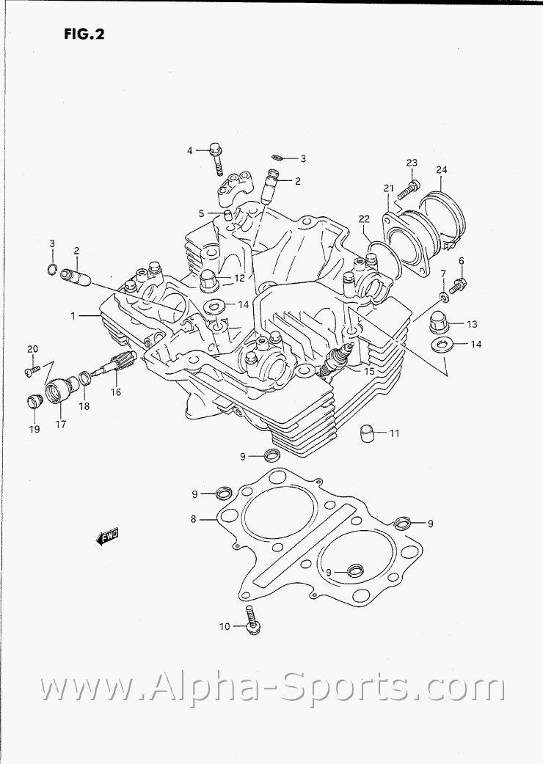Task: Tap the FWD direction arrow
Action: tap(107, 538)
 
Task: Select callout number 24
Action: tap(441, 170)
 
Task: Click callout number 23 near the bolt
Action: tap(411, 163)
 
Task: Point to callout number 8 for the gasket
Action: tap(193, 519)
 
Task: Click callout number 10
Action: tap(225, 626)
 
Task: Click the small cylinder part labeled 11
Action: tap(367, 433)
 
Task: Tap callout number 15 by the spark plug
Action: tap(368, 372)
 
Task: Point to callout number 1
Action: tap(73, 315)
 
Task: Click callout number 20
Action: tap(32, 348)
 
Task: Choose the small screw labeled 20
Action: tap(30, 371)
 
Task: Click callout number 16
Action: tap(116, 392)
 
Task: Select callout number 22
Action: tap(364, 218)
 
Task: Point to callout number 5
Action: tap(200, 213)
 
